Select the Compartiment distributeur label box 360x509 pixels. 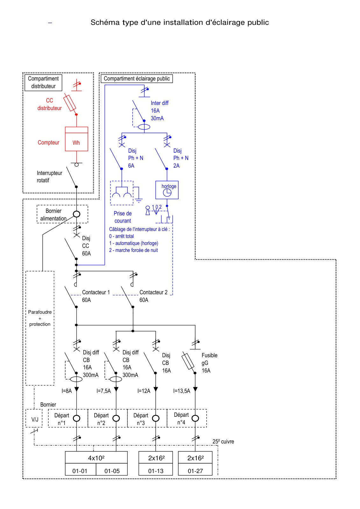tap(43, 83)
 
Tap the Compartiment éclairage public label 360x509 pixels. tap(137, 79)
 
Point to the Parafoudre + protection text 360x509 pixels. tap(40, 318)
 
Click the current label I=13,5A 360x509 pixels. tap(182, 391)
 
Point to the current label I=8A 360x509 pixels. tap(67, 391)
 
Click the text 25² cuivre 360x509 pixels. tap(223, 442)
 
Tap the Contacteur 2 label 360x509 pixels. tap(153, 292)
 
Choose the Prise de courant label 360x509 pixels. tap(123, 217)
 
